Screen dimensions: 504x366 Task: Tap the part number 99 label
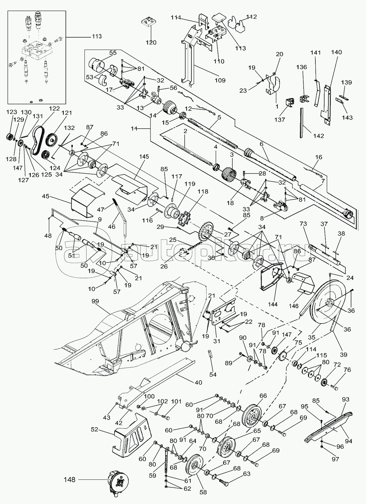coord(95,301)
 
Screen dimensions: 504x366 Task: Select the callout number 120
coord(151,43)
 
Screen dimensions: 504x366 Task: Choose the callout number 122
coord(54,108)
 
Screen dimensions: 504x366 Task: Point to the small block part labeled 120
coord(149,23)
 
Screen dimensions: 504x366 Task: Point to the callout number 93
coord(346,399)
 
